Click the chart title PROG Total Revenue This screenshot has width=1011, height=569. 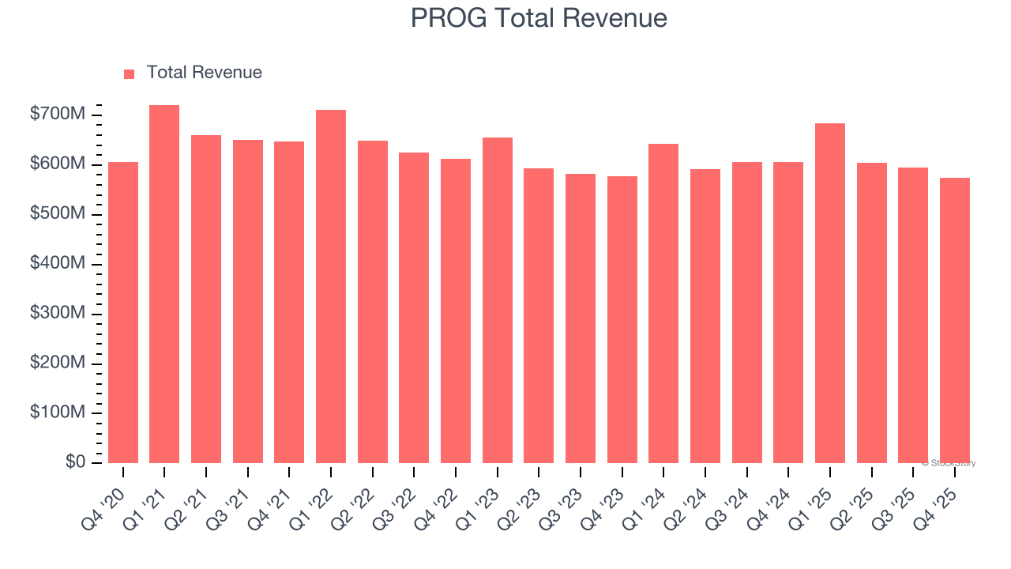(x=539, y=18)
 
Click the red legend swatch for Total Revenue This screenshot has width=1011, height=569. (x=130, y=73)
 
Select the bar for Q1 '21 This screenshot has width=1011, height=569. (x=164, y=284)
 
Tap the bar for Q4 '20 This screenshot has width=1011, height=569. (x=123, y=312)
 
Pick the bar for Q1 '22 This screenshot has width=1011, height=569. (x=331, y=286)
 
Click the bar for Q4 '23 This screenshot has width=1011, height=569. (x=622, y=319)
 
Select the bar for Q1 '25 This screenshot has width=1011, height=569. (x=830, y=293)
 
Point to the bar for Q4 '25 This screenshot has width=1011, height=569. (x=955, y=320)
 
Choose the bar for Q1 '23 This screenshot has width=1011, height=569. (x=498, y=300)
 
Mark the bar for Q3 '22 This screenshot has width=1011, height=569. (x=414, y=307)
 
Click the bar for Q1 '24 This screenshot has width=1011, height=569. (x=663, y=303)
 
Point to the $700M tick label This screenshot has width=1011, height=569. (x=58, y=115)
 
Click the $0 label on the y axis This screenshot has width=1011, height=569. (x=75, y=462)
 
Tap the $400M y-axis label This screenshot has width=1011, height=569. (x=58, y=263)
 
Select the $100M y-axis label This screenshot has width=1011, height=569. (x=58, y=413)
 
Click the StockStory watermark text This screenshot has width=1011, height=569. (x=949, y=463)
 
